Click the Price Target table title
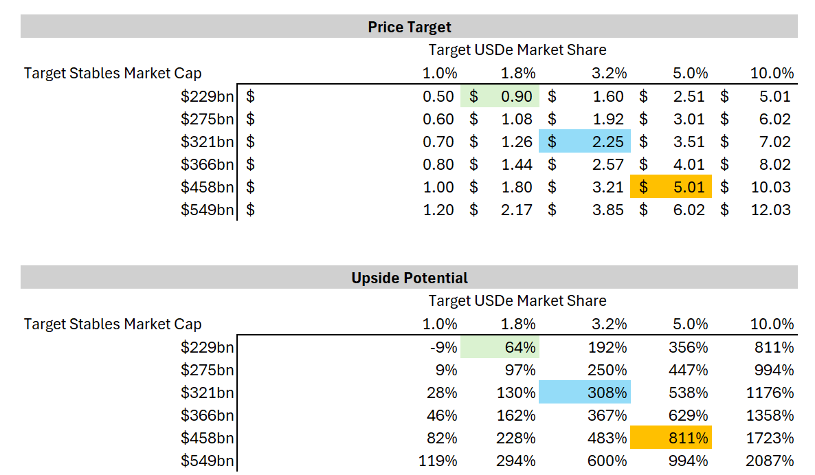tap(409, 27)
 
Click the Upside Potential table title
tap(409, 278)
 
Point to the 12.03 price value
tap(771, 210)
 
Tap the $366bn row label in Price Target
tap(207, 165)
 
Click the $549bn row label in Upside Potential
tap(207, 461)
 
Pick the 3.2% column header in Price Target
tap(608, 73)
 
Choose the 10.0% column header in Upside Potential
tap(772, 324)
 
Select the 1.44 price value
tap(516, 165)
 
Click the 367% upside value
tap(610, 415)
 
